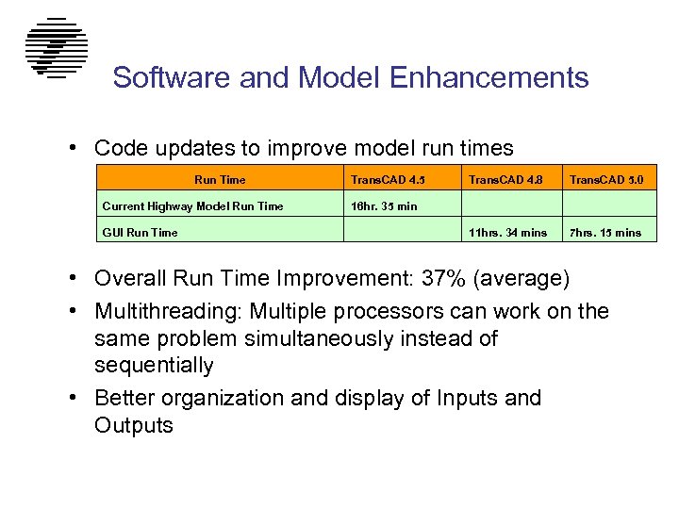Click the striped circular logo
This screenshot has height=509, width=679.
[x=57, y=47]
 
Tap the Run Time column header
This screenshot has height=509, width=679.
[x=220, y=179]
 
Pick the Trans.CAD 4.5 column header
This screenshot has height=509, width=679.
[x=381, y=179]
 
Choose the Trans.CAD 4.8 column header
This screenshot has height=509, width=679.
[x=506, y=179]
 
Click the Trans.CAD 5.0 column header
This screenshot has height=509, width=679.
[x=609, y=179]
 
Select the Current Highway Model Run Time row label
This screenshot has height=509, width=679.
[x=192, y=205]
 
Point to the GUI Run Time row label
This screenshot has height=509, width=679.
[x=140, y=232]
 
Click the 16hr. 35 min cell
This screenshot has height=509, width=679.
[x=384, y=205]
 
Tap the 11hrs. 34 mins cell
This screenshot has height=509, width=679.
[x=507, y=232]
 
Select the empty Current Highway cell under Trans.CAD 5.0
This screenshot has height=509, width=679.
[x=609, y=205]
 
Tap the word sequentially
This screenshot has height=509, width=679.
[x=154, y=365]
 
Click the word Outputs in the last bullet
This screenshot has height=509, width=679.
[x=134, y=425]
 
